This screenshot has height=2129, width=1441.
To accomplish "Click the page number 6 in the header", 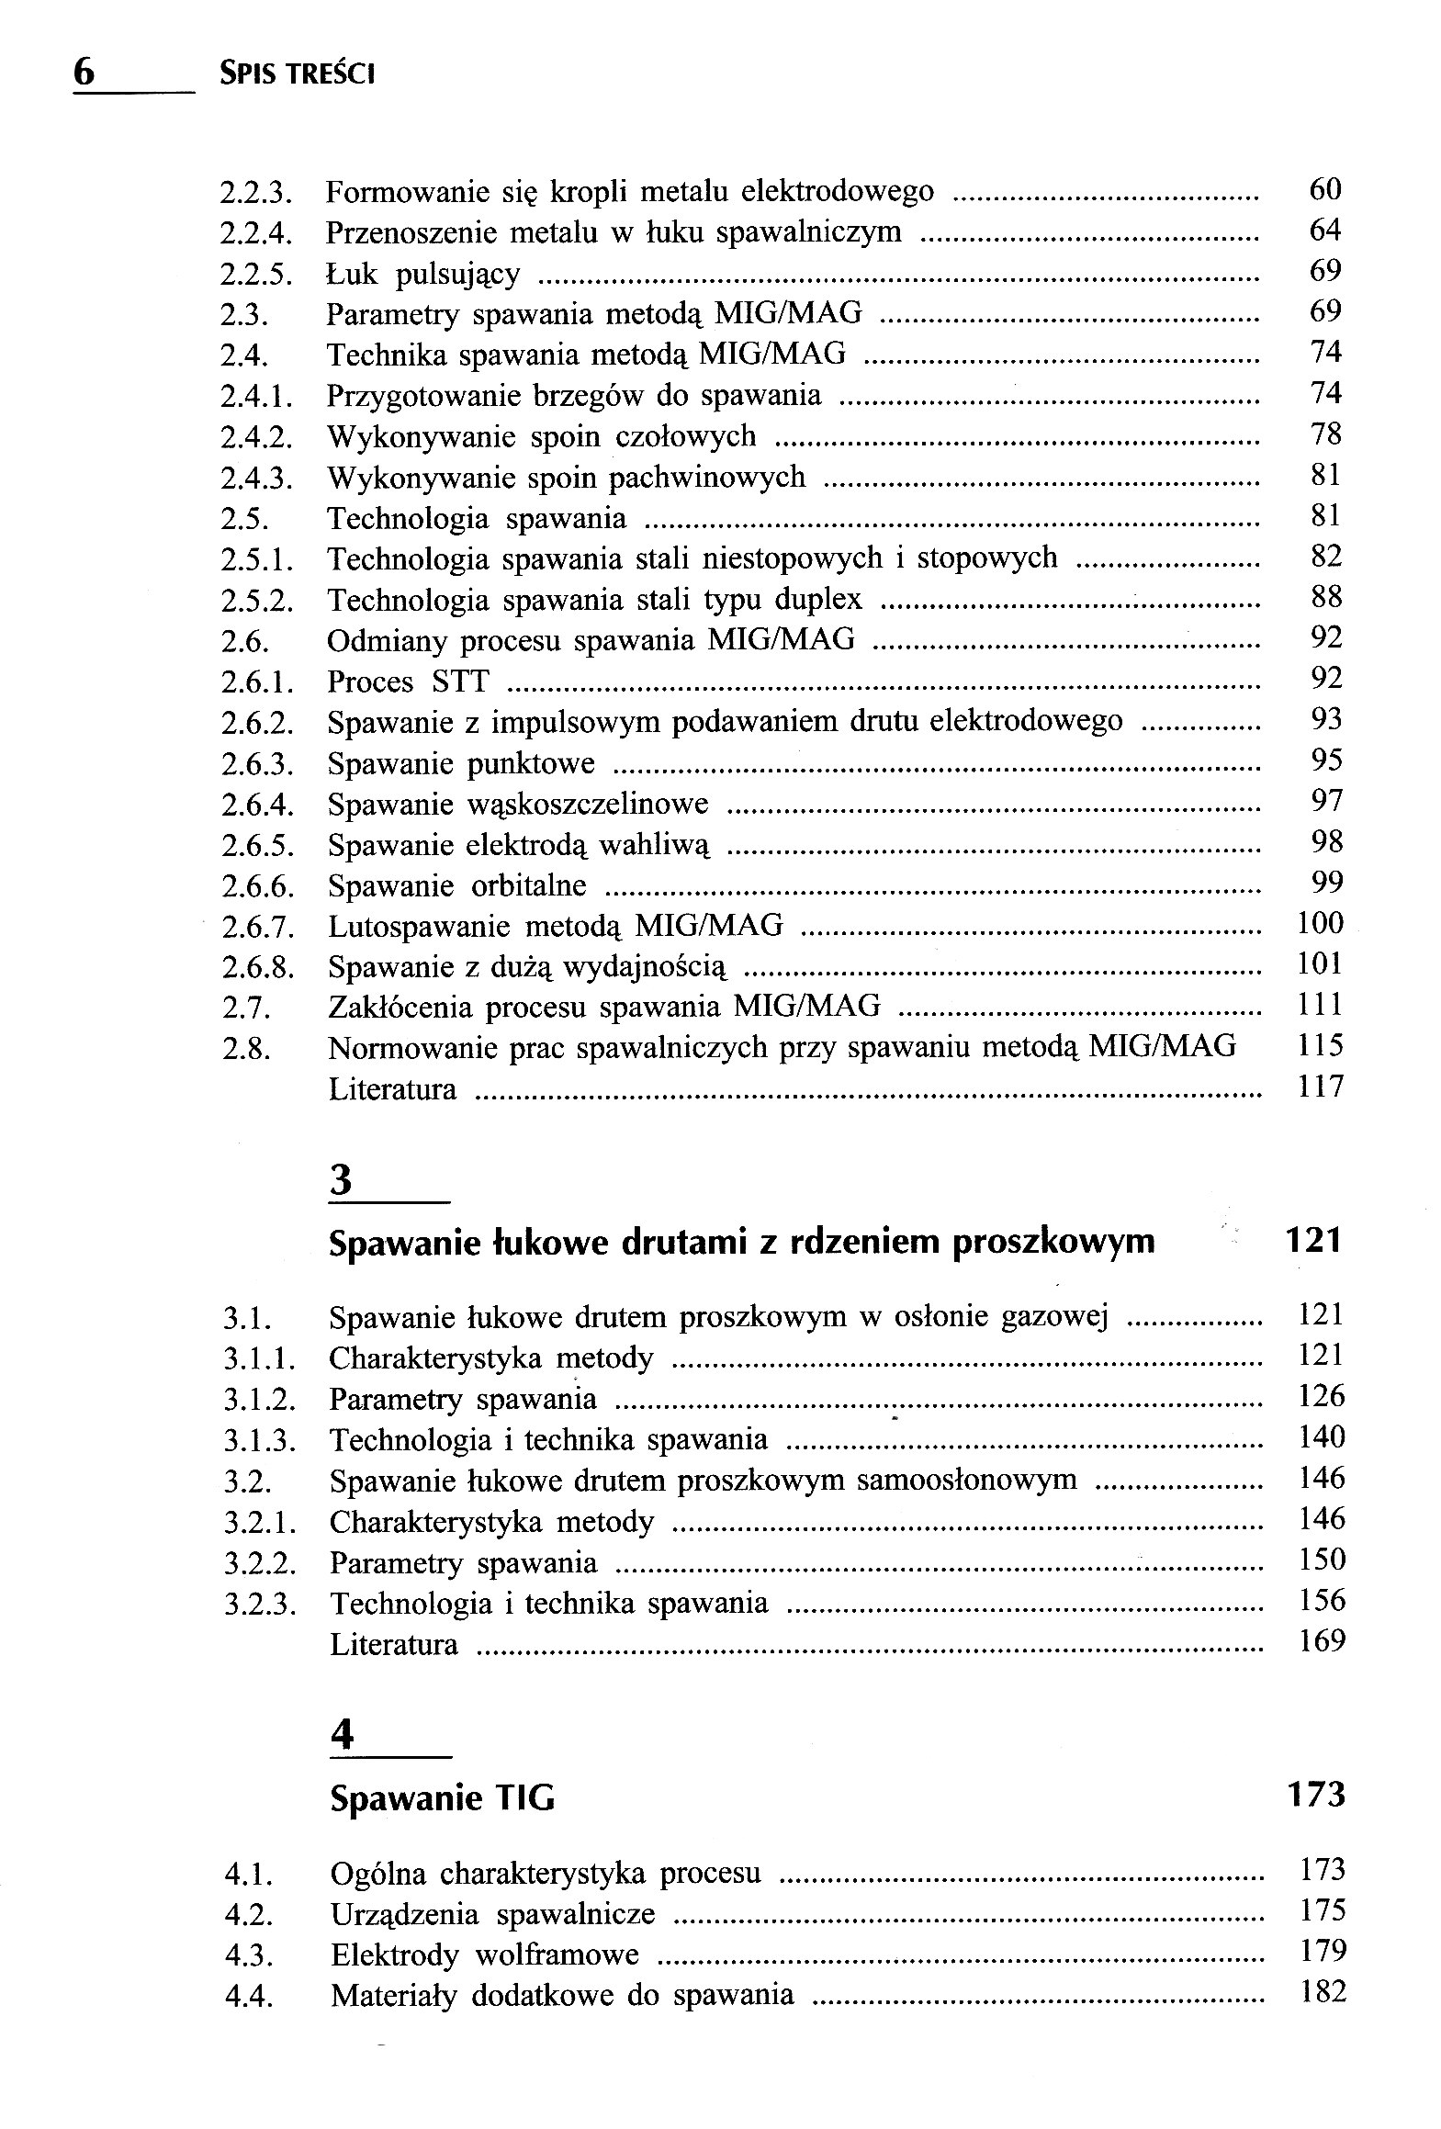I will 84,72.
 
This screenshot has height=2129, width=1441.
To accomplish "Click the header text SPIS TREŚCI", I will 297,73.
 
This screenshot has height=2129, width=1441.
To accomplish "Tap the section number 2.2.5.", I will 256,275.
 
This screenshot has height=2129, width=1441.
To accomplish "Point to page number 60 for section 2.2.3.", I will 1324,189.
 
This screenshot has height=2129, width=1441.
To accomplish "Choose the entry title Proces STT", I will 408,682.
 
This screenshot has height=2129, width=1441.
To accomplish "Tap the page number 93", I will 1326,719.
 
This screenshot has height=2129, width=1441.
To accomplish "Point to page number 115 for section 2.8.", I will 1321,1045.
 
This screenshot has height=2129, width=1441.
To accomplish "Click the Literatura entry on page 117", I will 392,1089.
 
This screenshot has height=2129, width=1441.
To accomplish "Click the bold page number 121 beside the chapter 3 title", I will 1313,1241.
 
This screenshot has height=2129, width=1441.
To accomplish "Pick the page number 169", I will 1322,1640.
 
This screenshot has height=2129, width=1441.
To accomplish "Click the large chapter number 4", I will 342,1734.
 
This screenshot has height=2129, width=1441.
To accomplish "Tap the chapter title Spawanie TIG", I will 442,1797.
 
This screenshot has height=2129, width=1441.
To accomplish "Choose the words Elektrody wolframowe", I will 484,1954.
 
